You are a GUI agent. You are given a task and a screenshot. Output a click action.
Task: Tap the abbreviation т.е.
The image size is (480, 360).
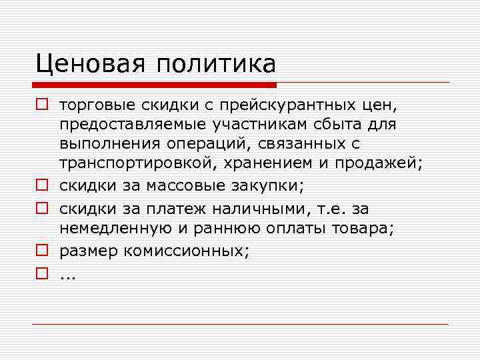point(328,209)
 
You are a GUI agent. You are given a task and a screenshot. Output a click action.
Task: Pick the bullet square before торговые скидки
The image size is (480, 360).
point(41,105)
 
